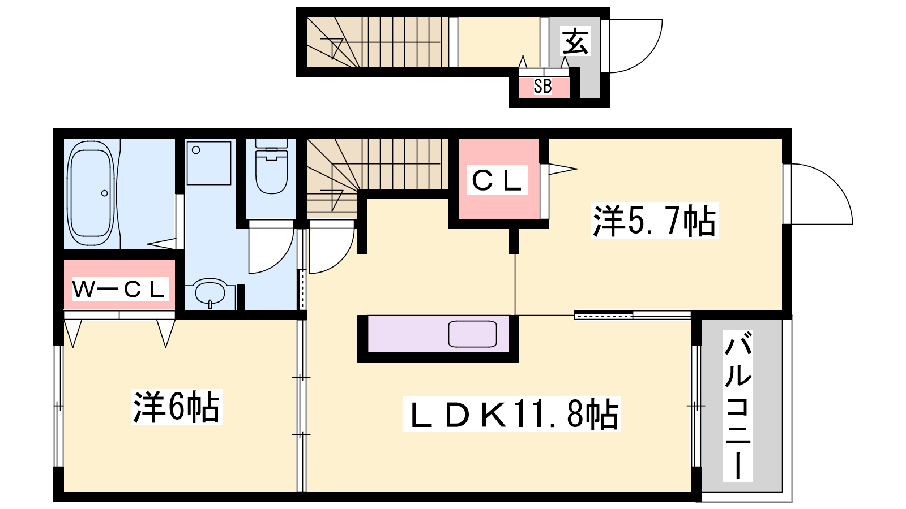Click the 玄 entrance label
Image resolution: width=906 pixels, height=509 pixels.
(575, 41)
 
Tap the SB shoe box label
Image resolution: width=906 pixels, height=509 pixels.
(542, 86)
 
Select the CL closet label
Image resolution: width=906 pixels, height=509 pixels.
(497, 180)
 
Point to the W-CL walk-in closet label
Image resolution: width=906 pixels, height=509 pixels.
(119, 289)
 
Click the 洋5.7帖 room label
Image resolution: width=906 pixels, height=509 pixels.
(654, 221)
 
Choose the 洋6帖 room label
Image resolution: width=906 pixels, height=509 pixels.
(177, 407)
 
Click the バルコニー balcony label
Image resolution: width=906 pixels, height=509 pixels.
(738, 406)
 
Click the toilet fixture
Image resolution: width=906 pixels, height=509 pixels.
(271, 166)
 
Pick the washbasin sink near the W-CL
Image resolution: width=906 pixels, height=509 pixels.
(210, 292)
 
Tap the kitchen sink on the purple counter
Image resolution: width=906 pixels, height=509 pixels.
(472, 334)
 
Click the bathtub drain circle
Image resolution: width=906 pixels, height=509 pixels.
(104, 193)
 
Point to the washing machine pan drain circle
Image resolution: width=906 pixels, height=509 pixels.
(196, 150)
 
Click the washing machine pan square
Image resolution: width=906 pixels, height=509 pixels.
(209, 163)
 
